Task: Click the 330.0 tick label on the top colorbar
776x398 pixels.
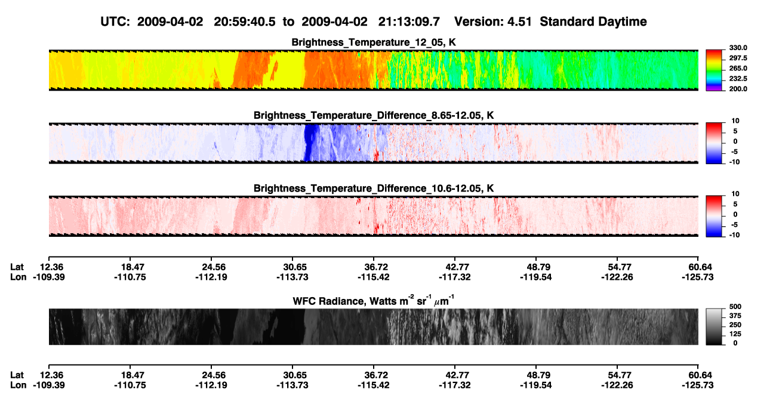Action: (738, 48)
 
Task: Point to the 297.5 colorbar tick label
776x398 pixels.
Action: (738, 58)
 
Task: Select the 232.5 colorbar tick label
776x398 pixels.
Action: (738, 79)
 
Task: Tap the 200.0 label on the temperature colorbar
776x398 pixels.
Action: (738, 89)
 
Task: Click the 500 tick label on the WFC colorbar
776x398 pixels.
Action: (735, 307)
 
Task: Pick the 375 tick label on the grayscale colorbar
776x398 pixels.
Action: (735, 316)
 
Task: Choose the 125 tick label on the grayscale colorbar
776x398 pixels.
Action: (735, 334)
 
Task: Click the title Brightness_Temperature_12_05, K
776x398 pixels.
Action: (374, 42)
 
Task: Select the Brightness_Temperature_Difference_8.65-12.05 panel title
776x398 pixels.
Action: (374, 115)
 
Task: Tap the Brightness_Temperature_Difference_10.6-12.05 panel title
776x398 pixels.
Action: (374, 189)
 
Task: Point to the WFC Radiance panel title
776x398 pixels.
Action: (374, 301)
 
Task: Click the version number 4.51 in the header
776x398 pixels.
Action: (519, 22)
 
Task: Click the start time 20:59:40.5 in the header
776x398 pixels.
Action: (245, 22)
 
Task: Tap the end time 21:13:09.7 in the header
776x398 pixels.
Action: (409, 22)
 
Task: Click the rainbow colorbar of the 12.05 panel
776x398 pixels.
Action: (714, 70)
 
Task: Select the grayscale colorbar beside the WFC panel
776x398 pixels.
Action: (714, 326)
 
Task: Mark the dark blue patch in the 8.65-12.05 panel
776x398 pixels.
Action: (310, 143)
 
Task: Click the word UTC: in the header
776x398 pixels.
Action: (115, 22)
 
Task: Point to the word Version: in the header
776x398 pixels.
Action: (478, 22)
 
